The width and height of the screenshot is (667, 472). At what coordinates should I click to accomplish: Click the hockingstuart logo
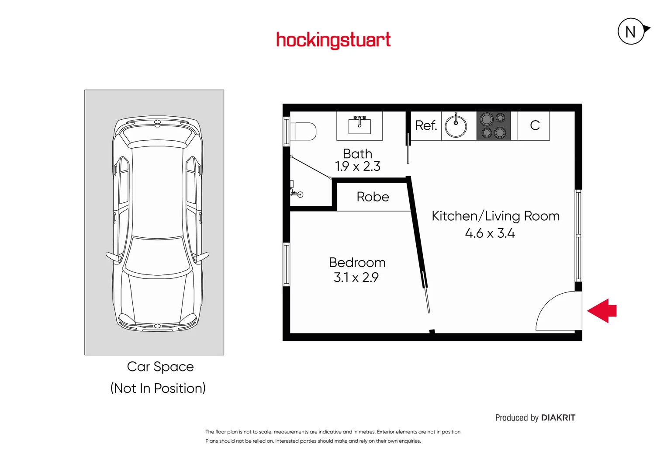tap(333, 40)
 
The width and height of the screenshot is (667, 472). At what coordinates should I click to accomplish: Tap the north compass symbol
tap(631, 31)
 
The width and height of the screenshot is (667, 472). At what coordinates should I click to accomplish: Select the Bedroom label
tap(357, 262)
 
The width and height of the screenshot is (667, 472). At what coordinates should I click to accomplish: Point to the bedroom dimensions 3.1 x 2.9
tap(356, 278)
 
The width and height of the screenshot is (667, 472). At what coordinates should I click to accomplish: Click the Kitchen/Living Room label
tap(495, 216)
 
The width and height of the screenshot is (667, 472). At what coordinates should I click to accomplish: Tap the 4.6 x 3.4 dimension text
tap(490, 233)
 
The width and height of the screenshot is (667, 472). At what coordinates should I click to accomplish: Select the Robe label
tap(373, 197)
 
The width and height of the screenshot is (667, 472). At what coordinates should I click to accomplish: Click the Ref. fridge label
tap(426, 125)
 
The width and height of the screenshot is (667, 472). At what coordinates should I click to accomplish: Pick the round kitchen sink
tap(456, 126)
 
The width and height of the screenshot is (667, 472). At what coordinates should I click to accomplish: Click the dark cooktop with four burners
tap(494, 125)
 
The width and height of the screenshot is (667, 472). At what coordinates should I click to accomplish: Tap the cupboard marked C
tap(535, 125)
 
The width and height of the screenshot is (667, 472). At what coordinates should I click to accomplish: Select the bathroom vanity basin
tap(359, 126)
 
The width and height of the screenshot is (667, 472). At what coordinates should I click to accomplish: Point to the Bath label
tap(357, 153)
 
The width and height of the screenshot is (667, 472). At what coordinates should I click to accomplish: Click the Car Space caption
tap(160, 367)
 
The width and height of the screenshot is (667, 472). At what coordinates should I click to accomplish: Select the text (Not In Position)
tap(158, 388)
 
